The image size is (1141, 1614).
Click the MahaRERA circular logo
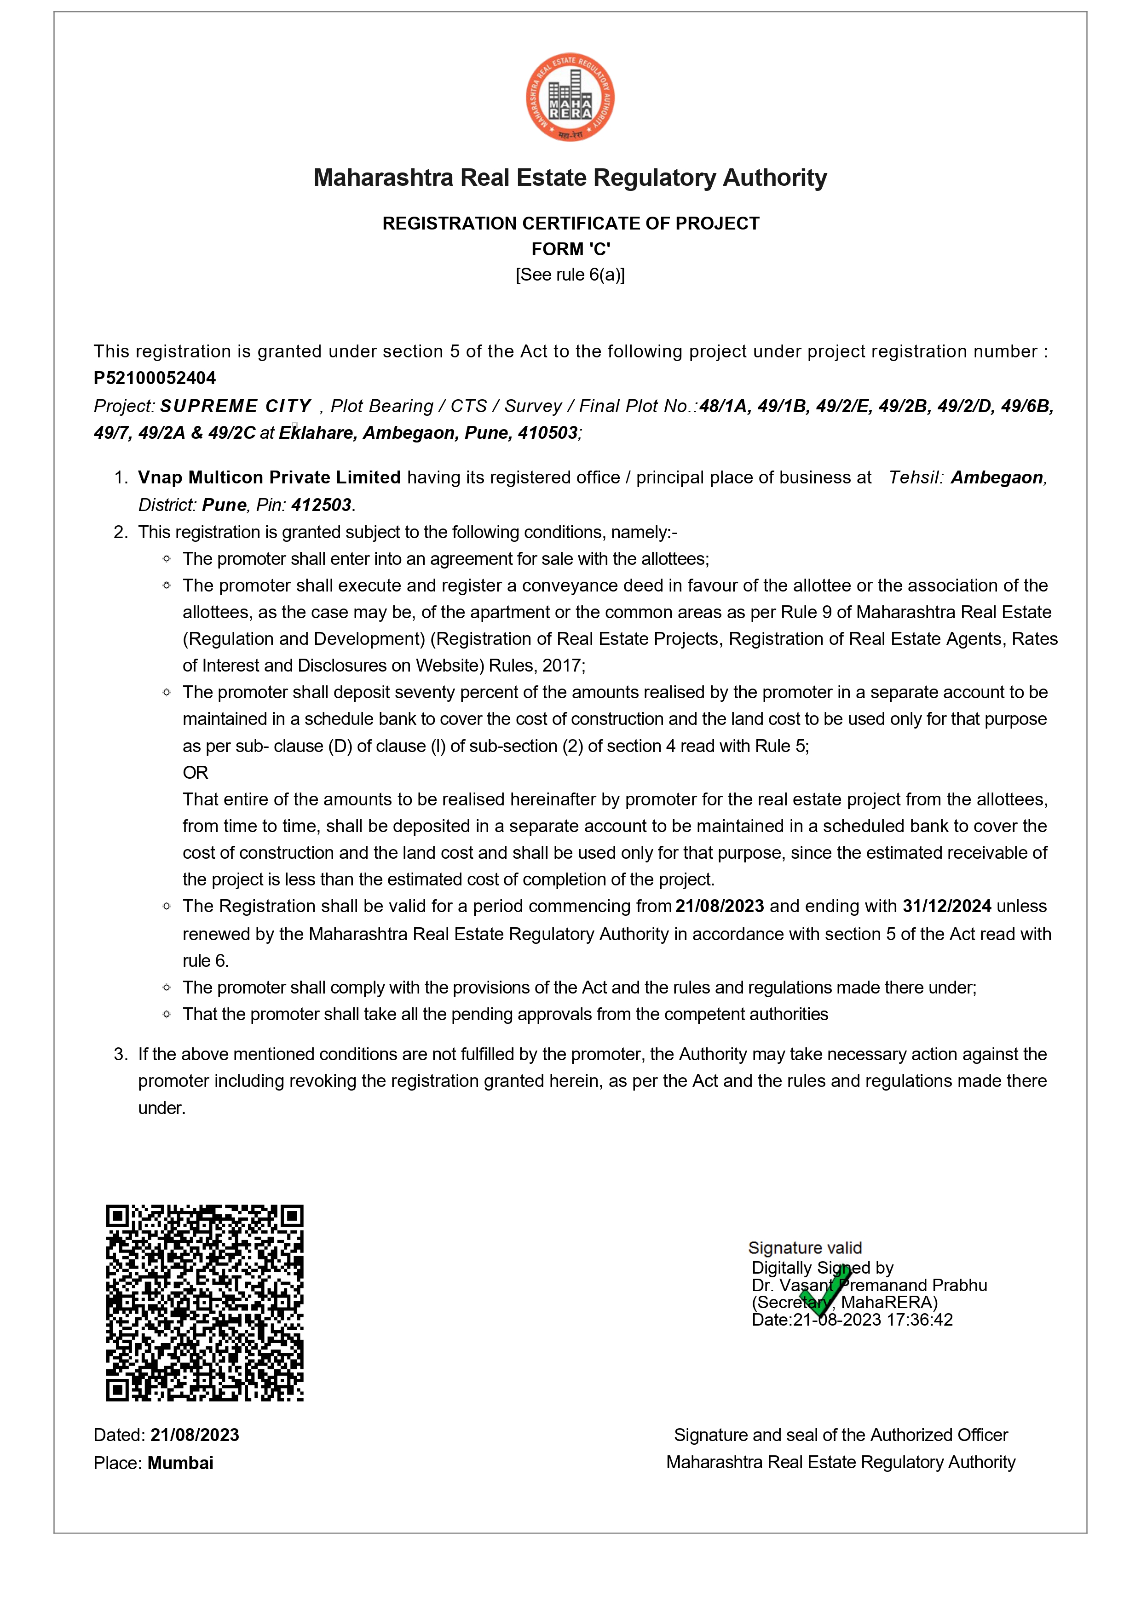click(x=570, y=97)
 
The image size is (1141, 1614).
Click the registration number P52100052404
click(x=155, y=378)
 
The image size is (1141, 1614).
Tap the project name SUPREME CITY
click(x=236, y=406)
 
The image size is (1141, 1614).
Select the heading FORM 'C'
click(x=570, y=249)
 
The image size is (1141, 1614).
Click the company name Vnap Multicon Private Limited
click(x=269, y=477)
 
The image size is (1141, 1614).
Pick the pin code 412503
click(x=321, y=505)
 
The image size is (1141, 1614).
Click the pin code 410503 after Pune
click(x=547, y=433)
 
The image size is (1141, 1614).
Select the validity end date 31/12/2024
click(x=947, y=906)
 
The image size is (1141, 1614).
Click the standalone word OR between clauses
click(x=196, y=773)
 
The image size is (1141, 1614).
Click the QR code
click(x=205, y=1303)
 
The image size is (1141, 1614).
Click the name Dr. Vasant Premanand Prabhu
click(x=869, y=1285)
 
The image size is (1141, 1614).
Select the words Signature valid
click(x=805, y=1248)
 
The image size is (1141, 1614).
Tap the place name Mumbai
click(x=181, y=1463)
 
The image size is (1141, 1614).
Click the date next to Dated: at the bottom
click(x=195, y=1435)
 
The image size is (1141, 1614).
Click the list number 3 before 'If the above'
click(x=120, y=1054)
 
